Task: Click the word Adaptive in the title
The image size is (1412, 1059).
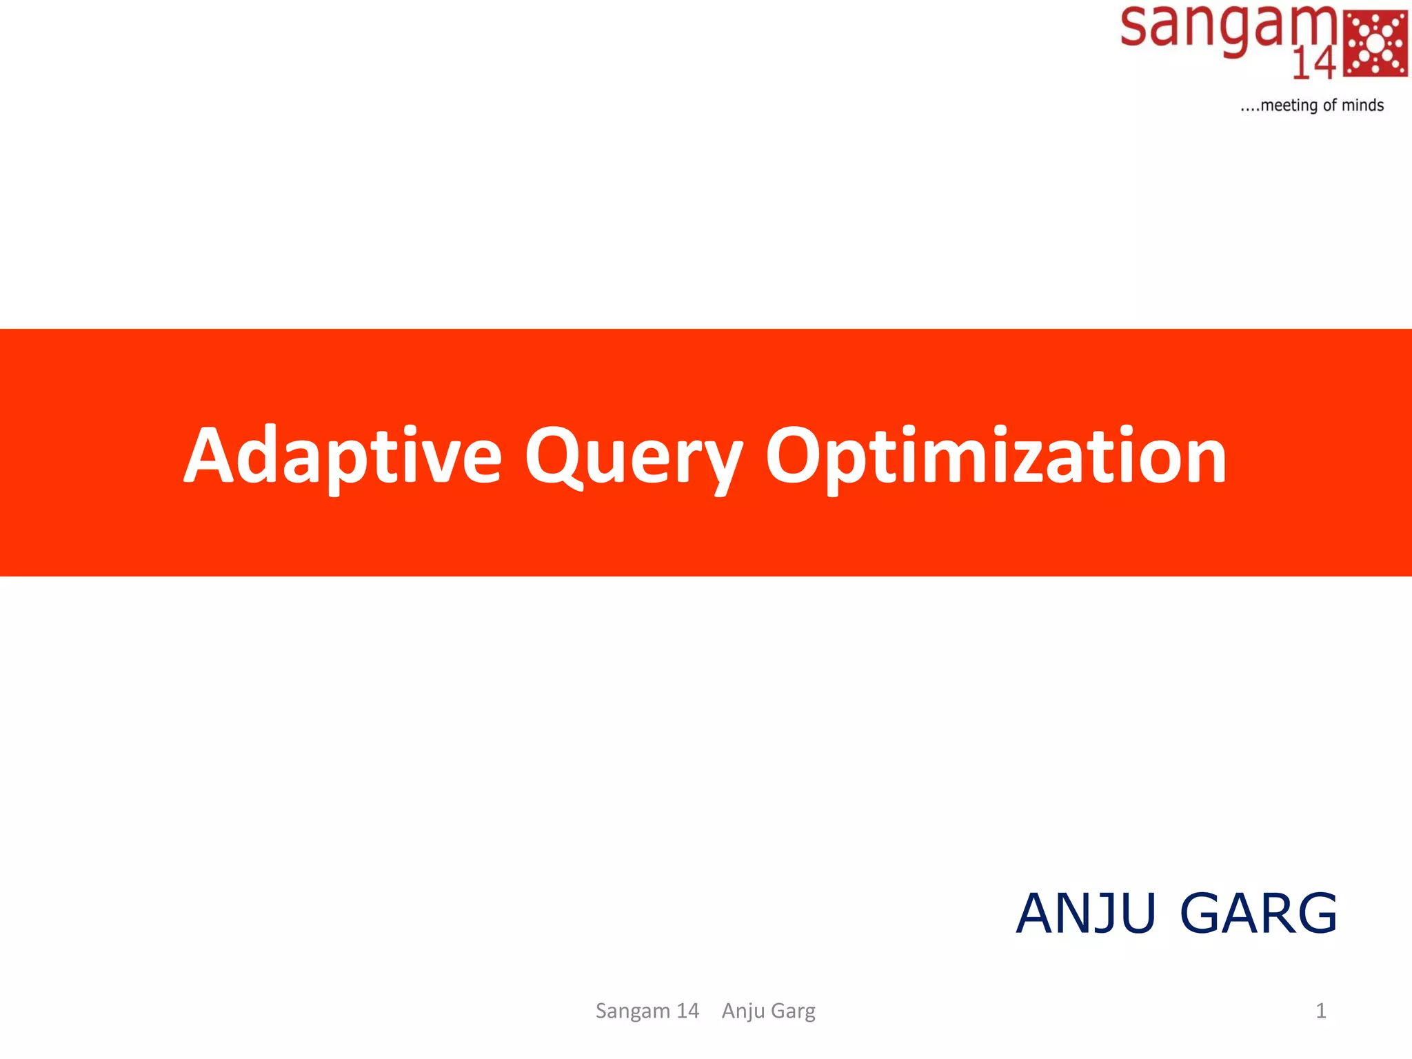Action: pyautogui.click(x=343, y=456)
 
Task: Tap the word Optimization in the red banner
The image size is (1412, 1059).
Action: pyautogui.click(x=996, y=456)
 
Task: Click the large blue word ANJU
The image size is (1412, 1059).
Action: pyautogui.click(x=1086, y=914)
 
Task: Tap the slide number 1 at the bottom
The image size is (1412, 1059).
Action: pyautogui.click(x=1321, y=1011)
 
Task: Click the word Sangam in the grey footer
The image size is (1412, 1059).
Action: pyautogui.click(x=632, y=1011)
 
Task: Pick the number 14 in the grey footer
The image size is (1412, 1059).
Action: pyautogui.click(x=687, y=1011)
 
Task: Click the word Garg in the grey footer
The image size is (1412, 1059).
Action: pyautogui.click(x=793, y=1011)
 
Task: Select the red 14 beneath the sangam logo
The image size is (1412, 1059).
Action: pyautogui.click(x=1314, y=64)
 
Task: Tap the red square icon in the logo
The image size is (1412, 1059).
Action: pyautogui.click(x=1375, y=43)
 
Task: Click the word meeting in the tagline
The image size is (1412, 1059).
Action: pyautogui.click(x=1289, y=105)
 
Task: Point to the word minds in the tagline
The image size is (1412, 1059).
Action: pyautogui.click(x=1362, y=105)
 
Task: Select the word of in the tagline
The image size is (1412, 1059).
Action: pyautogui.click(x=1329, y=105)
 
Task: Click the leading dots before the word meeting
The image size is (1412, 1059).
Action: pyautogui.click(x=1249, y=109)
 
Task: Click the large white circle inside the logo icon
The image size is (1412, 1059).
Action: pyautogui.click(x=1375, y=43)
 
